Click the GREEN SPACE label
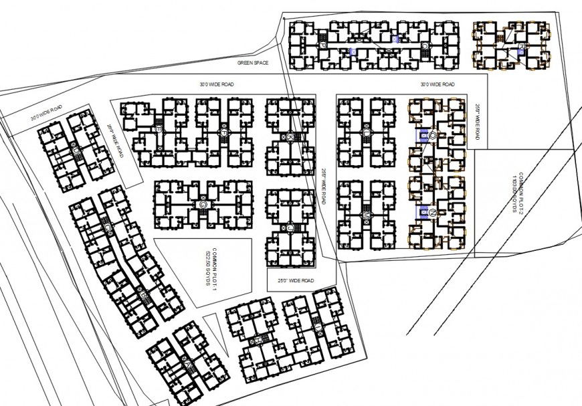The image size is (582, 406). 254,62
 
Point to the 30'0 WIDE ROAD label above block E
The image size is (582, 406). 215,84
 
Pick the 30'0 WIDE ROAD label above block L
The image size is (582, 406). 438,84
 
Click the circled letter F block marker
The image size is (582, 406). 223,132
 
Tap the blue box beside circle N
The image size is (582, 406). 423,213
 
